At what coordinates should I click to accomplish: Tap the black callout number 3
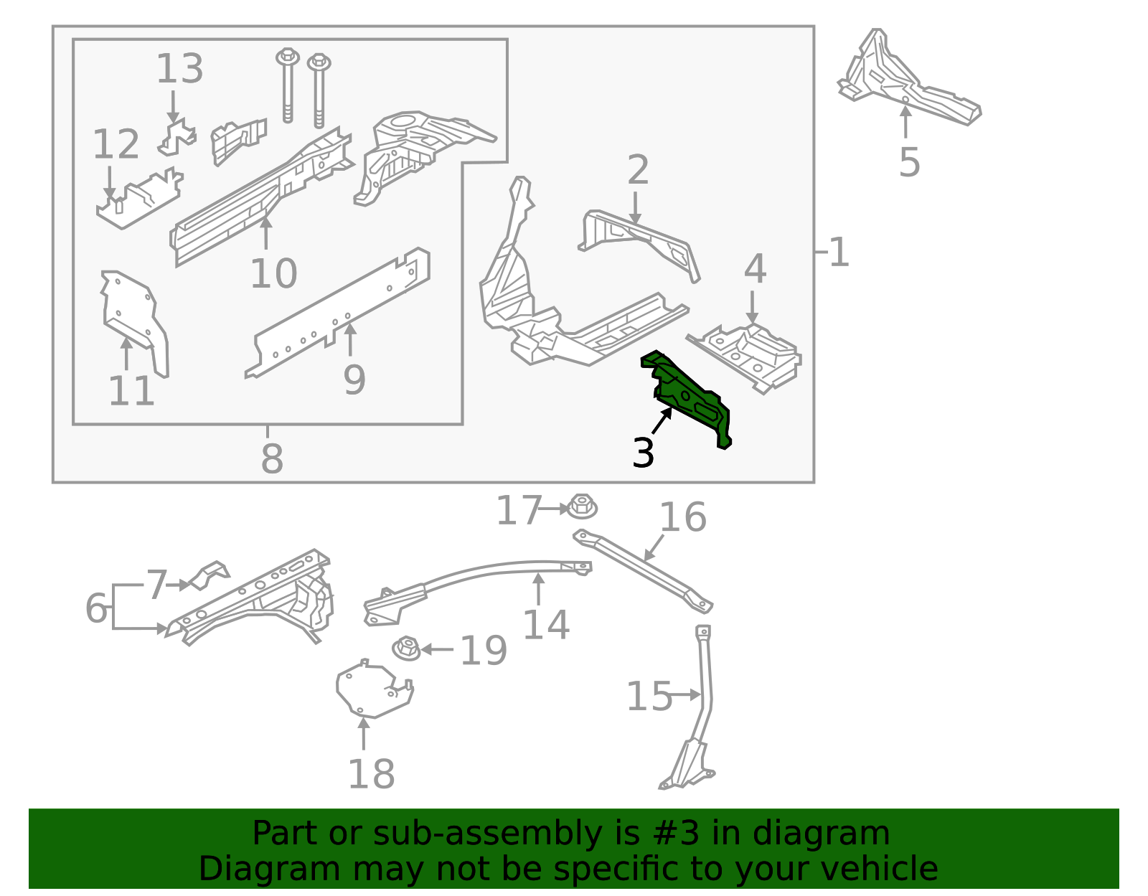643,454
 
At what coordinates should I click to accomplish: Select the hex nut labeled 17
582,506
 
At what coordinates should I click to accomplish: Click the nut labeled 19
406,649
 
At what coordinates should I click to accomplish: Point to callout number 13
179,69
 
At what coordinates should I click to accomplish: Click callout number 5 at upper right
908,162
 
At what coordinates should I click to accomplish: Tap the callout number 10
273,273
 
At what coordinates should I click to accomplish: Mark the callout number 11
131,391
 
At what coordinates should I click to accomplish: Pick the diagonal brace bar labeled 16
642,570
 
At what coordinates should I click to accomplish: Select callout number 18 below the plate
371,774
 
